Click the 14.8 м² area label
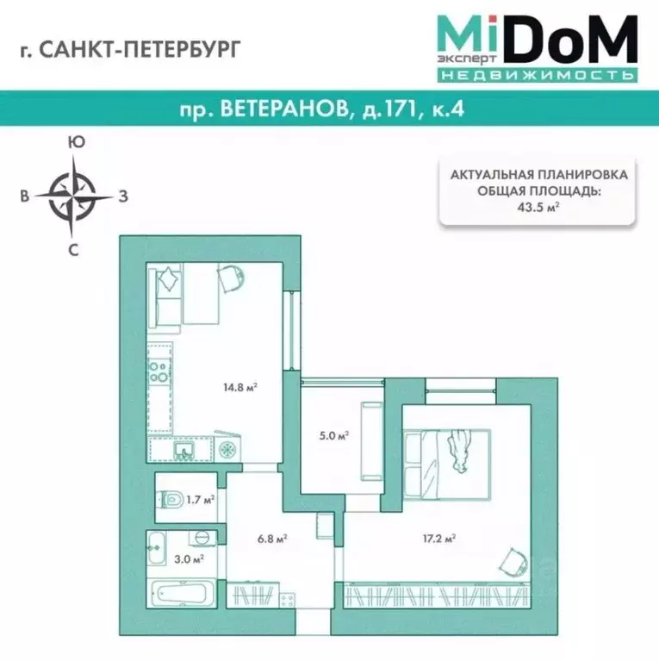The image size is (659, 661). (x=240, y=387)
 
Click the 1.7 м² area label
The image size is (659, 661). (x=200, y=498)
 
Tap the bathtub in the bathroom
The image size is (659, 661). (x=182, y=593)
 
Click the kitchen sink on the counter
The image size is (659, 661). (x=183, y=449)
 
